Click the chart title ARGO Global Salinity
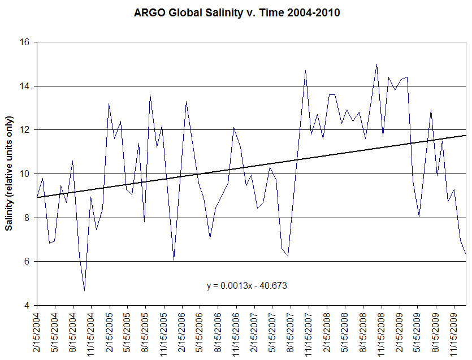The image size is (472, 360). pos(237,12)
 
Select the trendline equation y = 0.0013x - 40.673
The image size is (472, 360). pos(248,286)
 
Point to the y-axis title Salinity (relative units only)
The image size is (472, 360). pos(10,174)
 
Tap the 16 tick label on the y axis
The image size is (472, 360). pos(26,42)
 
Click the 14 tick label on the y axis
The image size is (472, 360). pos(26,86)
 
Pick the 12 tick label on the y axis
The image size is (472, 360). pos(26,130)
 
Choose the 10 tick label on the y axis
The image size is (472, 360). pos(26,174)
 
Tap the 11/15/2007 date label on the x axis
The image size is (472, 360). pos(309,333)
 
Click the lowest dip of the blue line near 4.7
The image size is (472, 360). pos(84,290)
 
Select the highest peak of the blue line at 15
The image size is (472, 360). pos(376,64)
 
